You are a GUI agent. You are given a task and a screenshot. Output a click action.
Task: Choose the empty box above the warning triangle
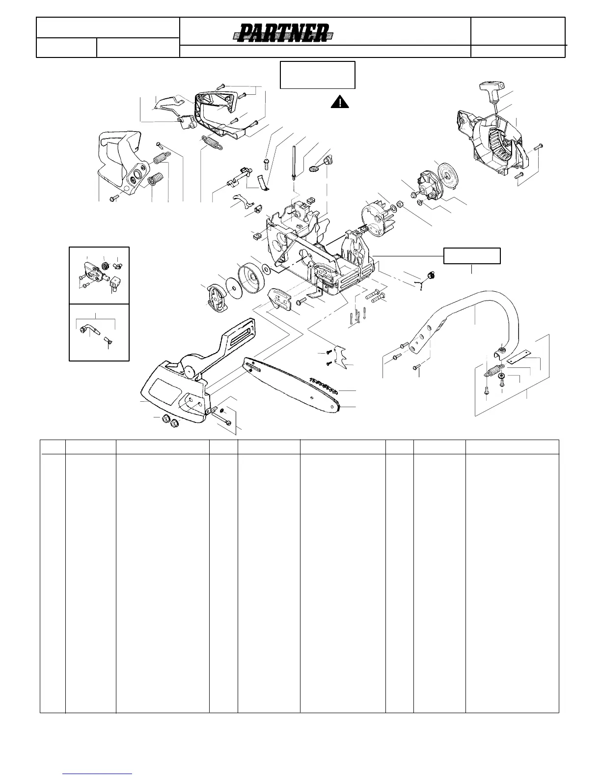pos(317,75)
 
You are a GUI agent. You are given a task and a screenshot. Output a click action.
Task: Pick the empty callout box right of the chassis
pos(472,256)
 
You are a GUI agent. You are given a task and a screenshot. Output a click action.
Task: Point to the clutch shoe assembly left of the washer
pos(215,297)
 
